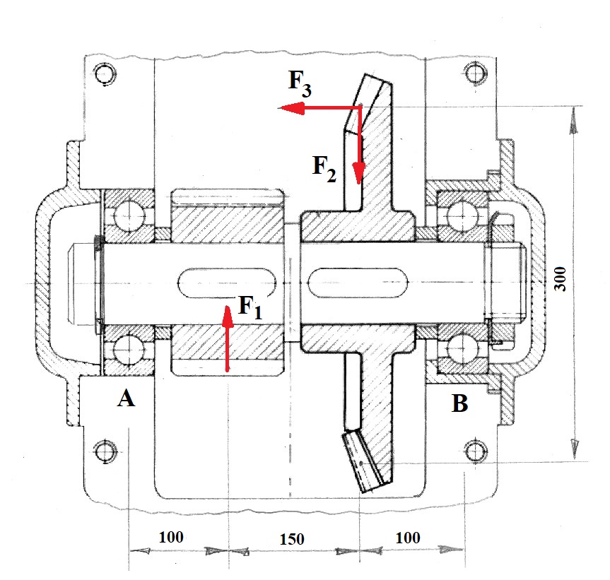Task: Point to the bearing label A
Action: point(125,400)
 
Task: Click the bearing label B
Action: point(459,404)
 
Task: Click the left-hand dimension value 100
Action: point(171,537)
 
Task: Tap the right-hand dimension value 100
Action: point(407,538)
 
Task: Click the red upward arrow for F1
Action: point(227,339)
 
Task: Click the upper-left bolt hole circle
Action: point(105,74)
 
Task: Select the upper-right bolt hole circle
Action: point(473,73)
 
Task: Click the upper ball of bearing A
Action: point(128,213)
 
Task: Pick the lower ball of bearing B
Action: point(462,346)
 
